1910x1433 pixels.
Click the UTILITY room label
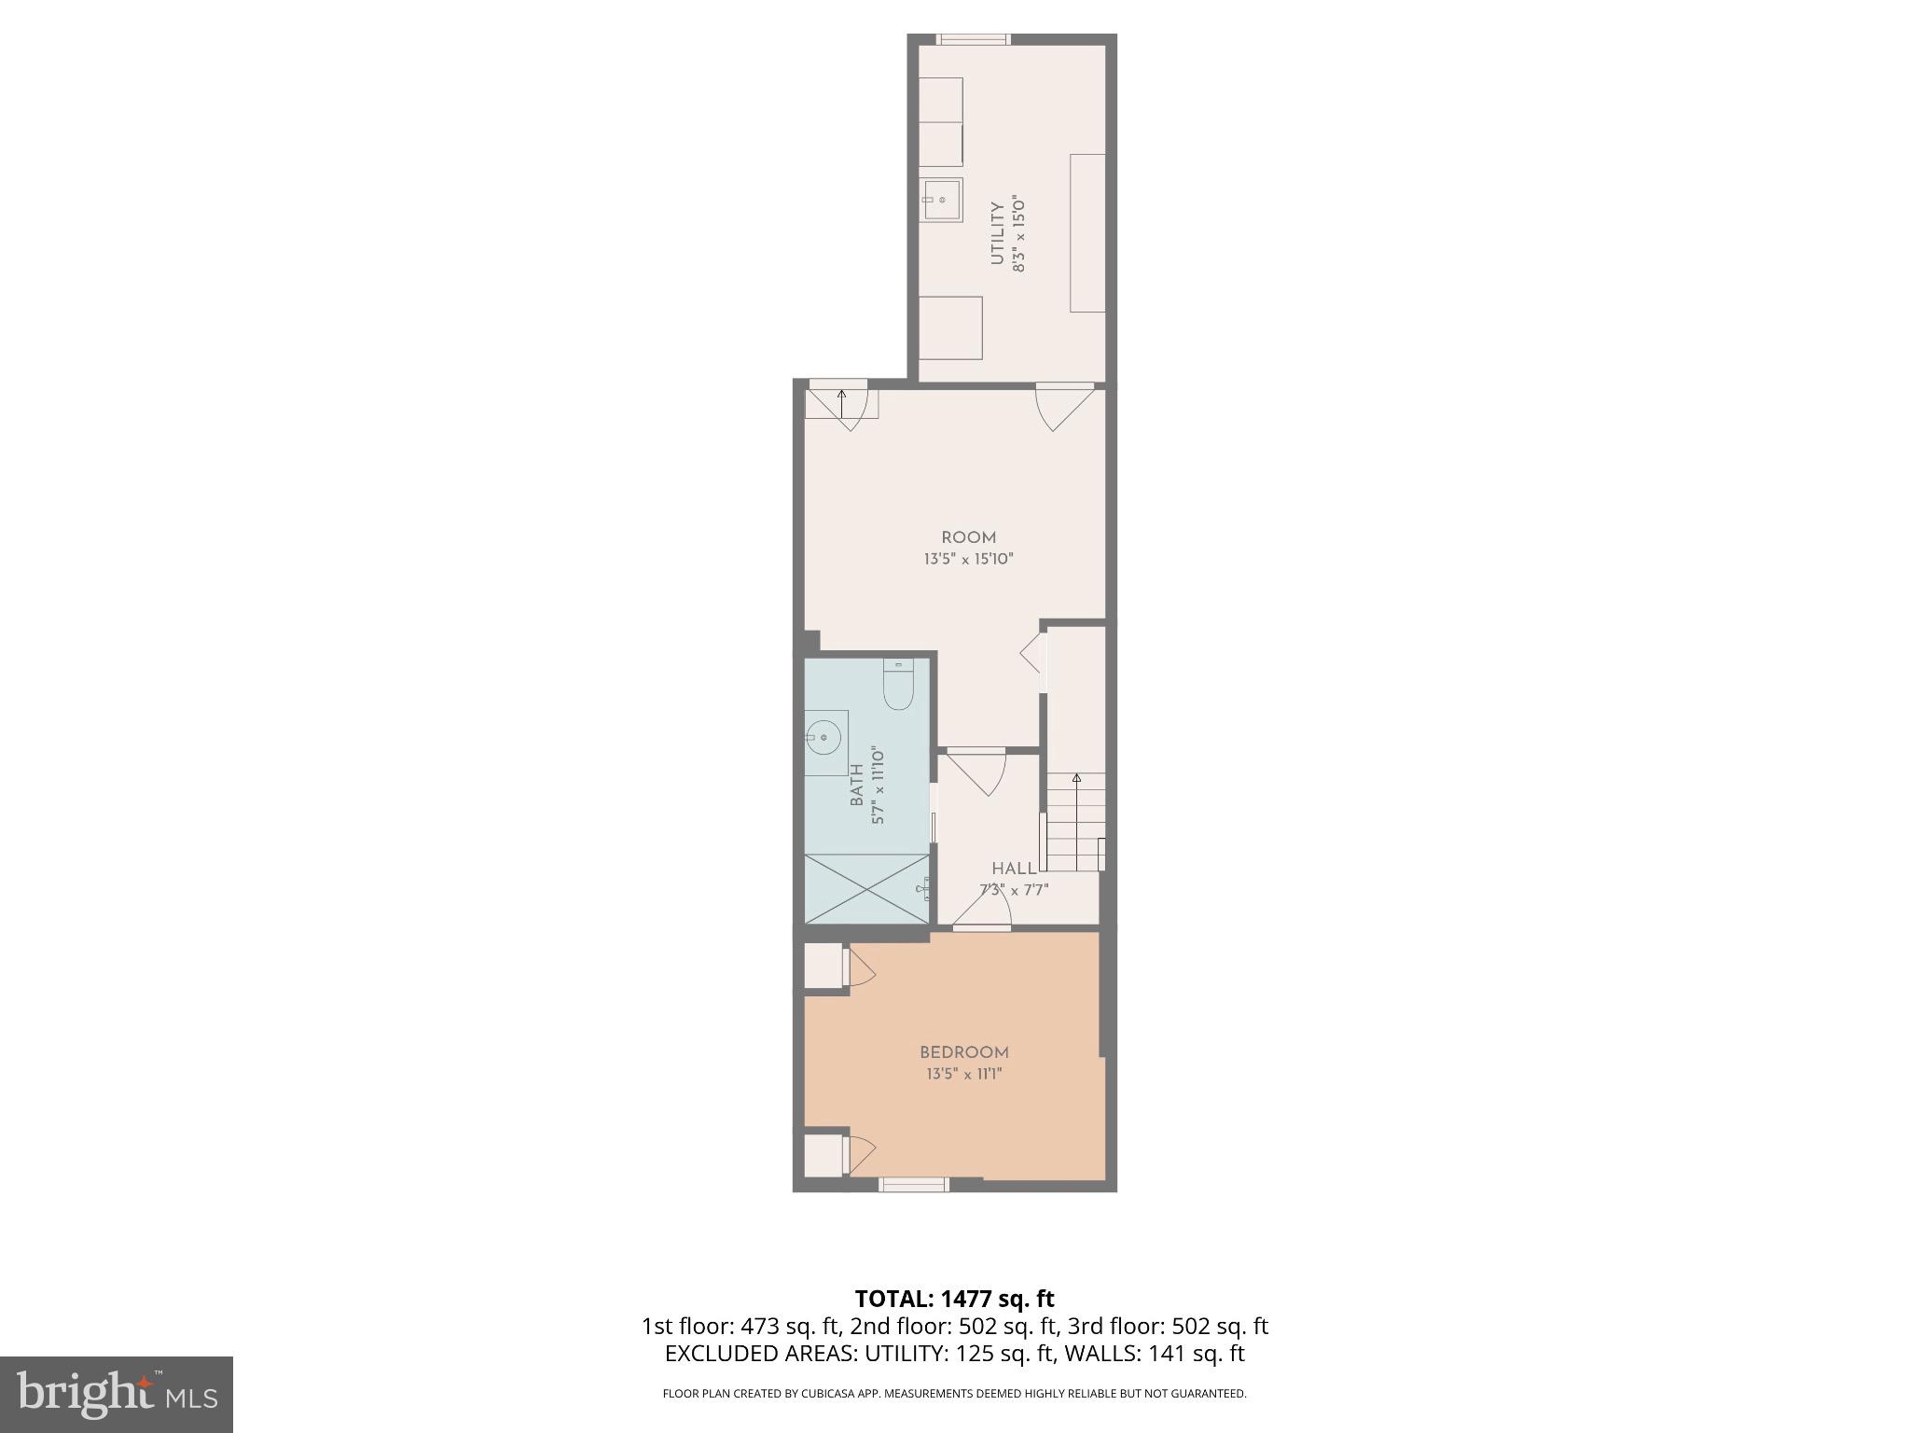coord(997,233)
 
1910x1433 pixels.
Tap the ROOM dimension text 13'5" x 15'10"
coord(968,560)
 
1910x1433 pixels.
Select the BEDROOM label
coord(964,1052)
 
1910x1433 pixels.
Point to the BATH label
coord(856,785)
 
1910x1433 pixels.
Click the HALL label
coord(1014,869)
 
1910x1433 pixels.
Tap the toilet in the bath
coord(897,687)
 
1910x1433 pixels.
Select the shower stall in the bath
coord(867,888)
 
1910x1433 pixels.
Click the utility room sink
coord(942,200)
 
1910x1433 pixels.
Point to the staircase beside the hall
coord(1075,821)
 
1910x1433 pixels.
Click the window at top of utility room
coord(973,39)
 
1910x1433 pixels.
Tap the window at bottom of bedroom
coord(914,1185)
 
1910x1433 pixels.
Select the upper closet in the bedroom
coord(824,966)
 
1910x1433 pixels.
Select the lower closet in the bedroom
coord(824,1155)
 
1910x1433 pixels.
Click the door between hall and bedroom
coord(981,910)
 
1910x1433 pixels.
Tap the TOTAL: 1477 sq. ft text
coord(954,1299)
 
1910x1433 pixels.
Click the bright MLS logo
coord(116,1394)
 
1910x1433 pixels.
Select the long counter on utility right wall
coord(1087,233)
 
